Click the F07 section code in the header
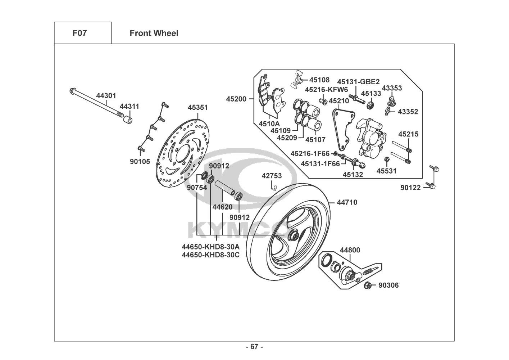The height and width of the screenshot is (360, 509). [79, 33]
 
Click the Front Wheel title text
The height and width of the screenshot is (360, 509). [154, 33]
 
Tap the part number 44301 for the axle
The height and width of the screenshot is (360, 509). [106, 96]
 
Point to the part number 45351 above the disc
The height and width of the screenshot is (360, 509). [197, 107]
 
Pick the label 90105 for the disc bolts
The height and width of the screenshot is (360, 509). [140, 162]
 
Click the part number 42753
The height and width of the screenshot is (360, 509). [272, 176]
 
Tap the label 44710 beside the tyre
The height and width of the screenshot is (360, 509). [347, 202]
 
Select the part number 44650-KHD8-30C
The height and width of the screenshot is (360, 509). [210, 255]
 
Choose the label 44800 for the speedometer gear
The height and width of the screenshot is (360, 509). [350, 250]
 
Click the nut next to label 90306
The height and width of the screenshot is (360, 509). [368, 286]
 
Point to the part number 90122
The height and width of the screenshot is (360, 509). [410, 188]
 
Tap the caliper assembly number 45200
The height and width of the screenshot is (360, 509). [236, 99]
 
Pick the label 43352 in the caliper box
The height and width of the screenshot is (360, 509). [408, 112]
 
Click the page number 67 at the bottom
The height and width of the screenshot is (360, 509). [254, 347]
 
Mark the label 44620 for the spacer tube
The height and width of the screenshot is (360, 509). [222, 207]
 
